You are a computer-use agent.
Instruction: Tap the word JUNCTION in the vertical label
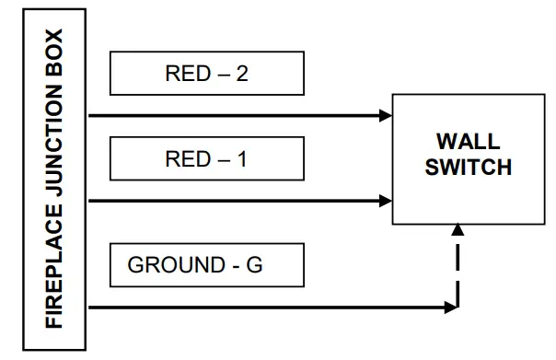[x=54, y=161]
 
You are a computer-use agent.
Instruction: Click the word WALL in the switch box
[x=468, y=143]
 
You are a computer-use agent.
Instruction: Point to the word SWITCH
[x=468, y=168]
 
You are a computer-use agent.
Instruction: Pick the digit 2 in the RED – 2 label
[x=241, y=75]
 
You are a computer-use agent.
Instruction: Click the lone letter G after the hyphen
[x=255, y=266]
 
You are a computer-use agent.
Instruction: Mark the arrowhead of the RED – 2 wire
[x=386, y=116]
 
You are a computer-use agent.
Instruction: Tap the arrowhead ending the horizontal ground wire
[x=452, y=308]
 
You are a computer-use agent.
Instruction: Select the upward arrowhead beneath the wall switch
[x=458, y=234]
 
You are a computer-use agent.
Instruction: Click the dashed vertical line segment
[x=458, y=272]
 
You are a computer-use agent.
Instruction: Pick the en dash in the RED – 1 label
[x=221, y=160]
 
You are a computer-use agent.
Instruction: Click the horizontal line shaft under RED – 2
[x=230, y=116]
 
